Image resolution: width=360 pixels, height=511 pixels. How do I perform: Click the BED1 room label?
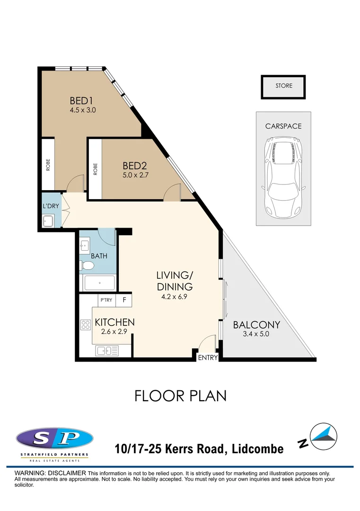click(82, 100)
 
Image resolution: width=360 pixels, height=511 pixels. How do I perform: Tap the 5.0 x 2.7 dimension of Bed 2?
click(135, 175)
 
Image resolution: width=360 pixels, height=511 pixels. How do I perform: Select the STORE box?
click(283, 87)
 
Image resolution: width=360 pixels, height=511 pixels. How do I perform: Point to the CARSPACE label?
click(283, 126)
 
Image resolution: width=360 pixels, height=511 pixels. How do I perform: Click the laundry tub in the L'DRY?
click(48, 221)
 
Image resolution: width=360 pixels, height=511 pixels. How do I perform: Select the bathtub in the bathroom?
click(99, 283)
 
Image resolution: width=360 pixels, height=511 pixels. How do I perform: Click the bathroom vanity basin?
click(85, 246)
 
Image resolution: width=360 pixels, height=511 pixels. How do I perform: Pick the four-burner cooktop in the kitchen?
click(86, 325)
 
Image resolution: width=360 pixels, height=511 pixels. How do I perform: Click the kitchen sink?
click(107, 351)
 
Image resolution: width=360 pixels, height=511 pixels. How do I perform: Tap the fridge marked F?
click(124, 300)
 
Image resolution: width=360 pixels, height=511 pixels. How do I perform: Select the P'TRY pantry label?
click(106, 300)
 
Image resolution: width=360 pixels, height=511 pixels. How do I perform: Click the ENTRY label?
click(208, 358)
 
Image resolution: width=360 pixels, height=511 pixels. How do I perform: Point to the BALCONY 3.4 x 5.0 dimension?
click(256, 334)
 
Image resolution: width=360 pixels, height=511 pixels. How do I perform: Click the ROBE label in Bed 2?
click(95, 169)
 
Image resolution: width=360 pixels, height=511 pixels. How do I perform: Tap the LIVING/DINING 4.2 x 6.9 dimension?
click(174, 297)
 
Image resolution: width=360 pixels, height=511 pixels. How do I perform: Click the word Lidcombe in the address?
click(257, 449)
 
